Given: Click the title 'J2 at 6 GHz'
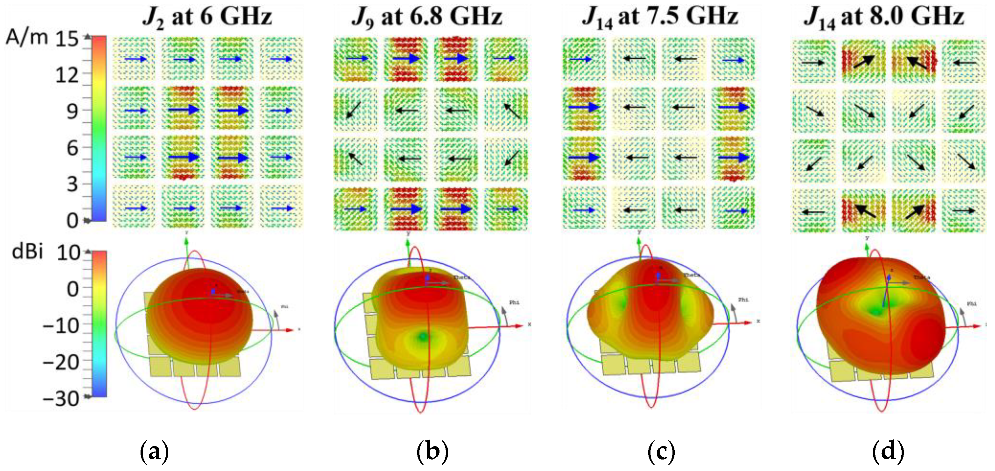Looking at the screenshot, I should click(x=207, y=18).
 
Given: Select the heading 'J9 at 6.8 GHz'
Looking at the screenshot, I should click(x=427, y=18).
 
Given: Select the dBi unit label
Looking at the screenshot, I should click(x=27, y=252).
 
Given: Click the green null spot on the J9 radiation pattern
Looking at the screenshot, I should click(x=423, y=337).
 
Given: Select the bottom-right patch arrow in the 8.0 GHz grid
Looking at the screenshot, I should click(x=964, y=210).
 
